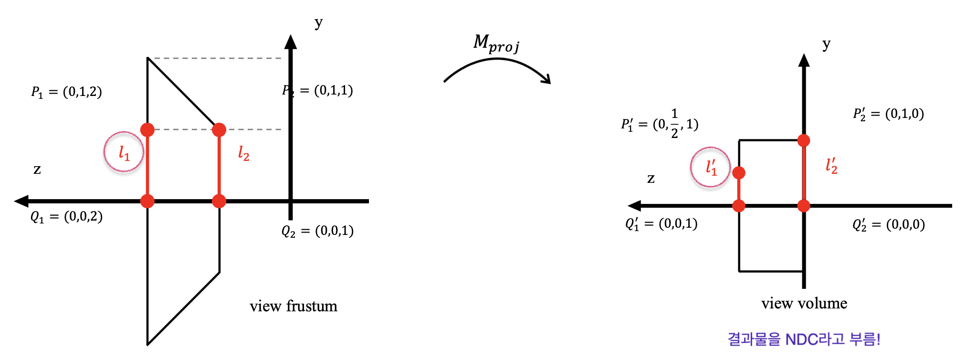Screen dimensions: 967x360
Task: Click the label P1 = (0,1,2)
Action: pos(66,92)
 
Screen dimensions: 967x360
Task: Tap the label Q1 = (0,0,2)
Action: pos(66,217)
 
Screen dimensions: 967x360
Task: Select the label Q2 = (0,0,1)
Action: pos(317,231)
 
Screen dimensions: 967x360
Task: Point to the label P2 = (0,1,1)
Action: pos(317,90)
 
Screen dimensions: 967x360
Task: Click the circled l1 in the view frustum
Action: pos(124,152)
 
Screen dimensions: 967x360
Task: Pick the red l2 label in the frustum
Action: pos(243,153)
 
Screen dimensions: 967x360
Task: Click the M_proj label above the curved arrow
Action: pos(496,43)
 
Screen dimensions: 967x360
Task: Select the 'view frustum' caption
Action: pos(293,306)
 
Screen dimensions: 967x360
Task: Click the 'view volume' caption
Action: pos(804,303)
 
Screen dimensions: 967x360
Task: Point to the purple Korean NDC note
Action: pos(804,339)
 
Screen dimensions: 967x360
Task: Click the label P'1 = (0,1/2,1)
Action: pos(660,124)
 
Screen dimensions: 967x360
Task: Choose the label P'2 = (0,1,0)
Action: pos(888,114)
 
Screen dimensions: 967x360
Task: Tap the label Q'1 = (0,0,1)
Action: pos(661,223)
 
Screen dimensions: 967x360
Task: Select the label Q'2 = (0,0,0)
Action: pos(888,224)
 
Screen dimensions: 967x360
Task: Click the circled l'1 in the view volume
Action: pos(711,167)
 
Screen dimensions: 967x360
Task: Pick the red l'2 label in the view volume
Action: pos(831,166)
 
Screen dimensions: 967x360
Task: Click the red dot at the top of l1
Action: pos(147,129)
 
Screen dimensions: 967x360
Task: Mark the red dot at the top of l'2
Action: pos(804,140)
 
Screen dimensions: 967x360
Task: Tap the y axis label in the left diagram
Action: pos(318,22)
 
